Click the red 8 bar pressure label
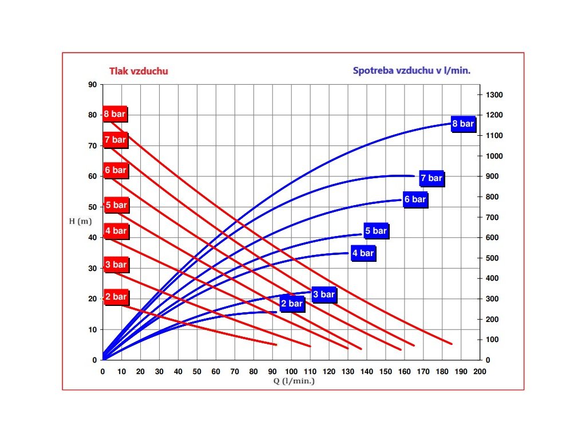(x=114, y=114)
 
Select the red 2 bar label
(x=116, y=297)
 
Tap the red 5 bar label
(x=116, y=205)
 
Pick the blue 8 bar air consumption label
(x=463, y=124)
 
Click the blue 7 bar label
(x=431, y=178)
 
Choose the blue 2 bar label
(x=292, y=304)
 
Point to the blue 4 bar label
(x=363, y=253)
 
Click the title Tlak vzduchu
(x=138, y=71)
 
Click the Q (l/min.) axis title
(x=291, y=380)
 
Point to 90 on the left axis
(x=92, y=85)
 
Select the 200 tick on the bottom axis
(x=480, y=372)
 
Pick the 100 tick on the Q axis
(x=291, y=372)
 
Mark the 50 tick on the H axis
(x=92, y=207)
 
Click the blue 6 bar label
(x=415, y=199)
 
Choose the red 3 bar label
(x=116, y=265)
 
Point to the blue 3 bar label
(x=324, y=294)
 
